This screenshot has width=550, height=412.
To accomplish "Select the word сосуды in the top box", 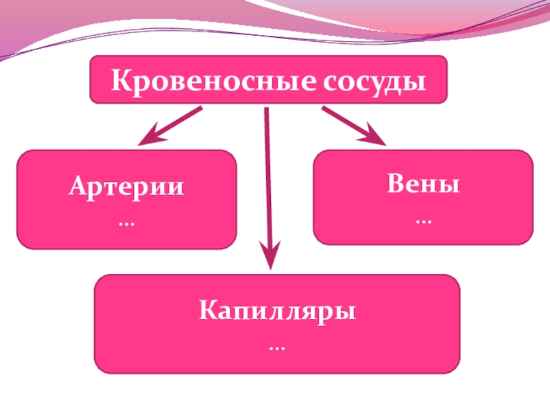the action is tap(373, 81).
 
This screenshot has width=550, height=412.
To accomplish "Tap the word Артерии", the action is tap(126, 187).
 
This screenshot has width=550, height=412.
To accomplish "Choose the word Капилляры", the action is tap(278, 312).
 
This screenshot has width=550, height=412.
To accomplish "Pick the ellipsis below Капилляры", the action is tap(278, 348).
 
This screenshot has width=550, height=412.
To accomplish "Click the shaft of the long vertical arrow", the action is tap(268, 179).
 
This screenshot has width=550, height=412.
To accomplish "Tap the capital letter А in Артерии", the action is tap(76, 186).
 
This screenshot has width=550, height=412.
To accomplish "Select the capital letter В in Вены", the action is tap(395, 185).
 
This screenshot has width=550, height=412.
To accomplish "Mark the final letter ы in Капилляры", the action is tap(346, 313).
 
